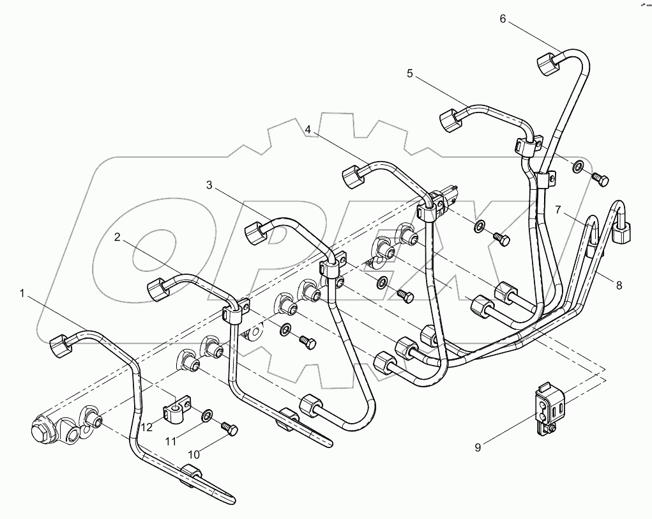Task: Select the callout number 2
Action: pyautogui.click(x=118, y=237)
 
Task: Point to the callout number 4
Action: pyautogui.click(x=308, y=129)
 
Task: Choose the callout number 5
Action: pyautogui.click(x=409, y=74)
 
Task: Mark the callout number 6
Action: pyautogui.click(x=503, y=19)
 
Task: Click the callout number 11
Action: pyautogui.click(x=171, y=440)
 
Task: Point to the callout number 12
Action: pyautogui.click(x=148, y=427)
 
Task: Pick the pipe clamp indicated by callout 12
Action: pyautogui.click(x=176, y=410)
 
